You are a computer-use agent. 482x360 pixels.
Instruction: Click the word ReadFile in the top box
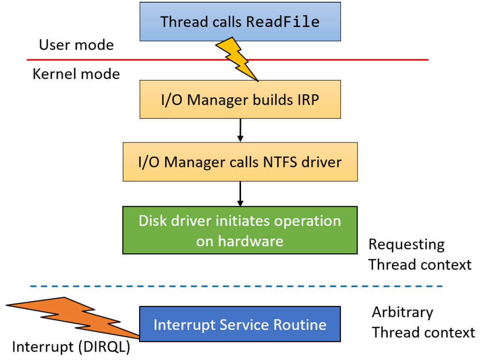pyautogui.click(x=283, y=21)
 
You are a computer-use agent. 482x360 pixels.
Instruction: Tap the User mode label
pyautogui.click(x=76, y=45)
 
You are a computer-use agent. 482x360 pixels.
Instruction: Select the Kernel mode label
pyautogui.click(x=76, y=74)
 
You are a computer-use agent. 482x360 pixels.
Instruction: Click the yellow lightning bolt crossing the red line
pyautogui.click(x=237, y=59)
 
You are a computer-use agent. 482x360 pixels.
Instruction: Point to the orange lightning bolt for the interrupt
pyautogui.click(x=73, y=318)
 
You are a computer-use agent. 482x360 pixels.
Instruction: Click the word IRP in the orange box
pyautogui.click(x=308, y=100)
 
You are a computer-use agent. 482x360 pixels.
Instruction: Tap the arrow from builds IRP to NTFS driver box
pyautogui.click(x=241, y=130)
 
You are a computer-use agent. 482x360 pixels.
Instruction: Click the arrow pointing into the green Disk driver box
pyautogui.click(x=241, y=194)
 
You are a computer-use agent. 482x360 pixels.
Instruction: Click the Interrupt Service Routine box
pyautogui.click(x=240, y=324)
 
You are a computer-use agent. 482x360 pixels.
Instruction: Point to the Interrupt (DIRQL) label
pyautogui.click(x=71, y=347)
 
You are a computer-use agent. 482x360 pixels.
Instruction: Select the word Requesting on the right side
pyautogui.click(x=407, y=245)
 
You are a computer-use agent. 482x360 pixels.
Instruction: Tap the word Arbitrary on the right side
pyautogui.click(x=403, y=313)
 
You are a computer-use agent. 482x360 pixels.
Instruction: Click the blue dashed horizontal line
pyautogui.click(x=237, y=286)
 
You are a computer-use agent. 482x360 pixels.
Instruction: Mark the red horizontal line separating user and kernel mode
pyautogui.click(x=228, y=60)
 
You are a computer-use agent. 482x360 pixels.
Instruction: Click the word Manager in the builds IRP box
pyautogui.click(x=218, y=100)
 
